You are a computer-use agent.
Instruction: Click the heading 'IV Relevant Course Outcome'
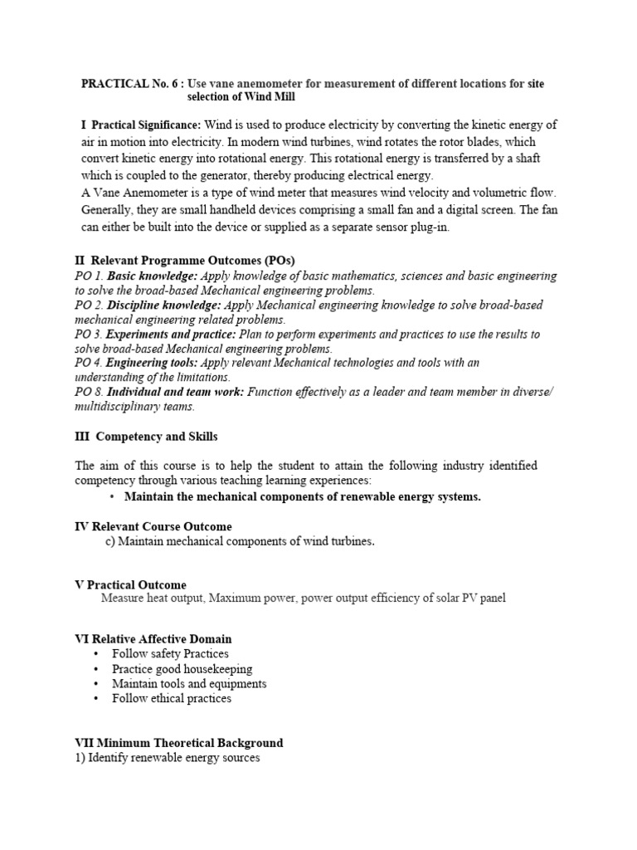click(x=153, y=526)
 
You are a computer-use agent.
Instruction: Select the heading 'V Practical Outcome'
click(x=130, y=585)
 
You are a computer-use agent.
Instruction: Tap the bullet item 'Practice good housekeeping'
click(x=182, y=669)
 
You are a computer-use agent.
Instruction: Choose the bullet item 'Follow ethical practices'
click(x=172, y=698)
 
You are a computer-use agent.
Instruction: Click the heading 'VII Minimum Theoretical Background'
click(x=178, y=743)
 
